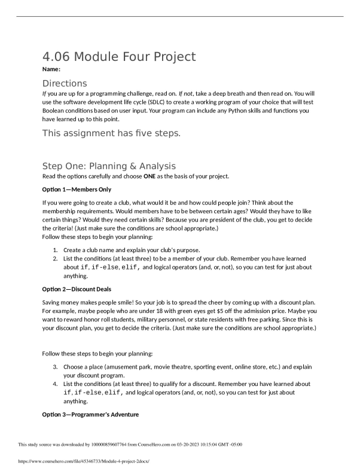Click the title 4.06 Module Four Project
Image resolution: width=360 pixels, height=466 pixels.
click(118, 57)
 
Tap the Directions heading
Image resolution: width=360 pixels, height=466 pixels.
click(65, 83)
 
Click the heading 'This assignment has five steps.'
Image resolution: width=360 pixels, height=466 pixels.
click(111, 133)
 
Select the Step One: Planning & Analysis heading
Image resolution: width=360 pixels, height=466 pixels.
click(108, 165)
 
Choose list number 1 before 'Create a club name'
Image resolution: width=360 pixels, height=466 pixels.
click(55, 250)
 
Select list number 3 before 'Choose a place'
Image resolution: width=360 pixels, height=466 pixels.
click(55, 367)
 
